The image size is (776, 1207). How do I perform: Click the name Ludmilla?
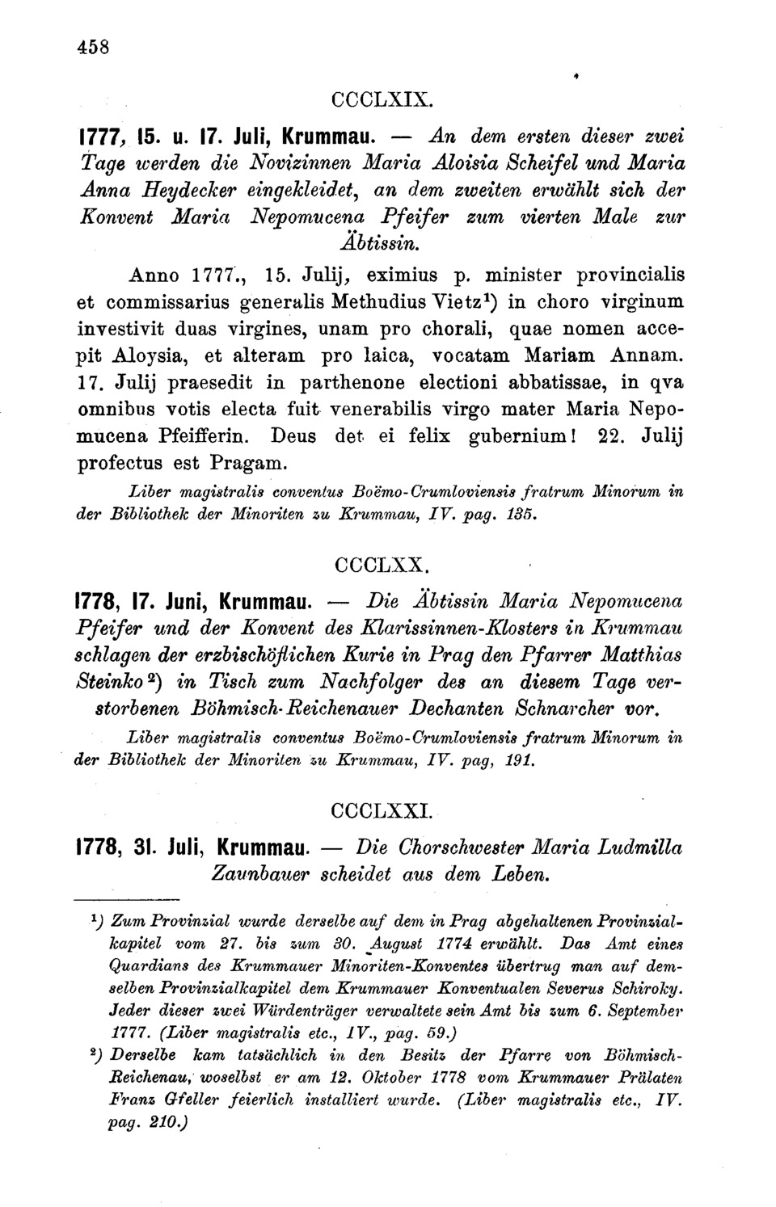click(639, 847)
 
